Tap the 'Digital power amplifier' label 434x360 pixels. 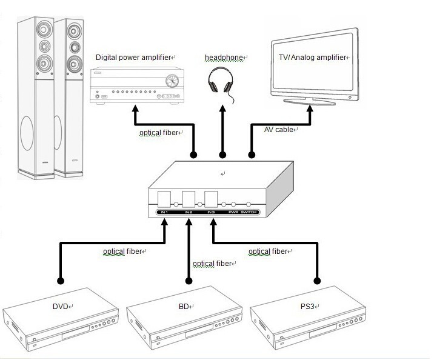tap(133, 57)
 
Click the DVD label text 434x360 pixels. tap(61, 307)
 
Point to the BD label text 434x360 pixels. tap(184, 307)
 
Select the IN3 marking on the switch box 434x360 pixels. tap(210, 213)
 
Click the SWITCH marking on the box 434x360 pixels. tap(250, 213)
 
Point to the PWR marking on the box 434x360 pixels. tap(233, 213)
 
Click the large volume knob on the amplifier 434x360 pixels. tap(173, 80)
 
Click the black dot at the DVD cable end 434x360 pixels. tap(60, 281)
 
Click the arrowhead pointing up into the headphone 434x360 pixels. tap(222, 107)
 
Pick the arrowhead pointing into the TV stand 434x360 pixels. tap(310, 110)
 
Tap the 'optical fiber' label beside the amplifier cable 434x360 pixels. tap(159, 132)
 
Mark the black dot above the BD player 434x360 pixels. tap(188, 281)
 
